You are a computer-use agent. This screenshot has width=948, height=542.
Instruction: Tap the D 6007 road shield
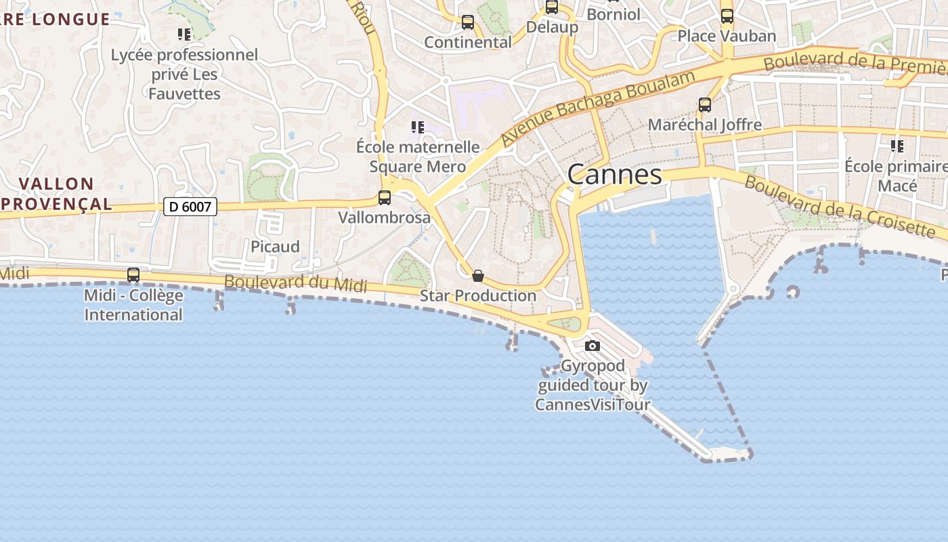(x=190, y=207)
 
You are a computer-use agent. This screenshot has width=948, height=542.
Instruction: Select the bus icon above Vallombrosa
(x=385, y=198)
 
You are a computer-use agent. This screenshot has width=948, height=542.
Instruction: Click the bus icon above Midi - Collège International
(x=133, y=275)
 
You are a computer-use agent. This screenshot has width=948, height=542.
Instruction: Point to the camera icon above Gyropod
(x=592, y=346)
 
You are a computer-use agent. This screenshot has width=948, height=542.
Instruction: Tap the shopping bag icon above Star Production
(x=478, y=276)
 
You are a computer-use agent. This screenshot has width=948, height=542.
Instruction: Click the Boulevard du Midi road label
(x=295, y=283)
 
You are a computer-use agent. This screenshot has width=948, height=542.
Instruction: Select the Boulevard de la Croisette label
(x=844, y=207)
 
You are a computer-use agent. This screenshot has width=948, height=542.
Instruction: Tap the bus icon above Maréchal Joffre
(x=705, y=105)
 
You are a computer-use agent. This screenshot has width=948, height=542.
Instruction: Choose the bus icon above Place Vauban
(x=727, y=16)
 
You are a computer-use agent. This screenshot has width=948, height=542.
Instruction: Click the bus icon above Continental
(x=468, y=22)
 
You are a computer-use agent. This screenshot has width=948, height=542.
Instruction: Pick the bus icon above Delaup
(x=552, y=7)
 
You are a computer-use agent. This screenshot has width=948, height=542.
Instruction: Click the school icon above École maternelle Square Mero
(x=418, y=127)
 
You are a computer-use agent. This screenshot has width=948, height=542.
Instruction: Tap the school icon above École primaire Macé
(x=897, y=146)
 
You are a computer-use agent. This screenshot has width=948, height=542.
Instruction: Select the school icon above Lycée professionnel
(x=184, y=34)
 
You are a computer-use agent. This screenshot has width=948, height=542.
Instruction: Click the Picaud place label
(x=275, y=247)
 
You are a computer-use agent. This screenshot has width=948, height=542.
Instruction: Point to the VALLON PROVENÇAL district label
(x=56, y=194)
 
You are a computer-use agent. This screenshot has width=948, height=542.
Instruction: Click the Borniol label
(x=613, y=14)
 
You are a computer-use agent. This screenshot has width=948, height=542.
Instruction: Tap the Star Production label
(x=478, y=296)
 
